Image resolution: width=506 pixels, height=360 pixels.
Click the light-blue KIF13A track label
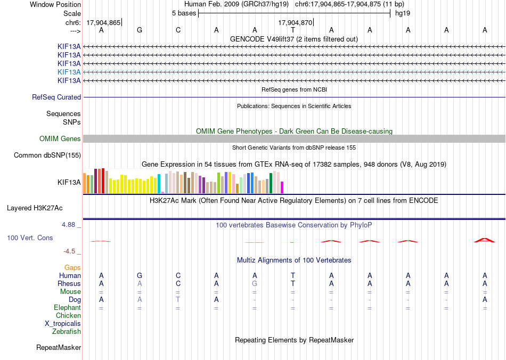pos(69,72)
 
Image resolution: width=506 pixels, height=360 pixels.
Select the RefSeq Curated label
pos(56,97)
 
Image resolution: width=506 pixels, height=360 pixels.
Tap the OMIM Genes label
pos(60,138)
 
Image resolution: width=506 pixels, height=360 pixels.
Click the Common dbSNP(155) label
pos(47,155)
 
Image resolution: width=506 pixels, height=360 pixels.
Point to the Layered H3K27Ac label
pos(35,208)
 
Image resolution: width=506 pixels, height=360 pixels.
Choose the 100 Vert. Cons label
pos(30,238)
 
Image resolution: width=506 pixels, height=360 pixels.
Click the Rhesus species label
pos(69,283)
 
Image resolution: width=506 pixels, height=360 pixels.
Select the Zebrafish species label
pos(67,331)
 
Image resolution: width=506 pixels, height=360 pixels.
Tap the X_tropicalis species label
pos(63,324)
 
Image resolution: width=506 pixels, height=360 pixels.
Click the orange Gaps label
pos(72,267)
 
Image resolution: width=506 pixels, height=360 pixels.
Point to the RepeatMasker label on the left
pos(59,347)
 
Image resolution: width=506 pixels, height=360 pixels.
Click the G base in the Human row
pos(140,275)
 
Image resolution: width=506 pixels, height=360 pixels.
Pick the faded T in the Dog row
pos(178,299)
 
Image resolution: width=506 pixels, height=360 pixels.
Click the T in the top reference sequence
pos(293,30)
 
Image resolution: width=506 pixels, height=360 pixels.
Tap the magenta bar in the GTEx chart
pos(282,187)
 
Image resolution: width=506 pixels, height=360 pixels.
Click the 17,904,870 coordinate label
pos(295,22)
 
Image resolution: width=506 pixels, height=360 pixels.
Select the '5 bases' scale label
pos(184,13)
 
